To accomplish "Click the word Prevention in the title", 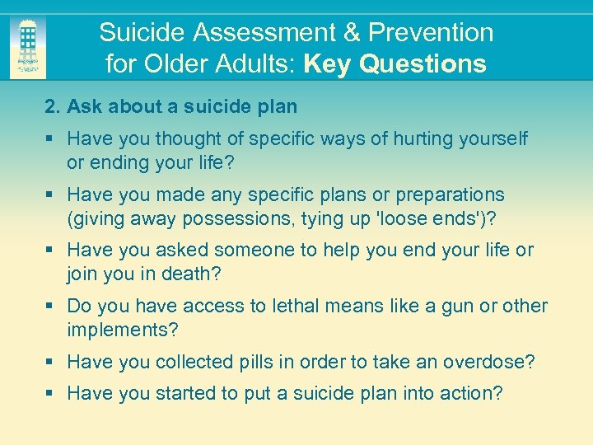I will coord(431,33).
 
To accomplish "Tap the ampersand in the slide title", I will coord(351,33).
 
